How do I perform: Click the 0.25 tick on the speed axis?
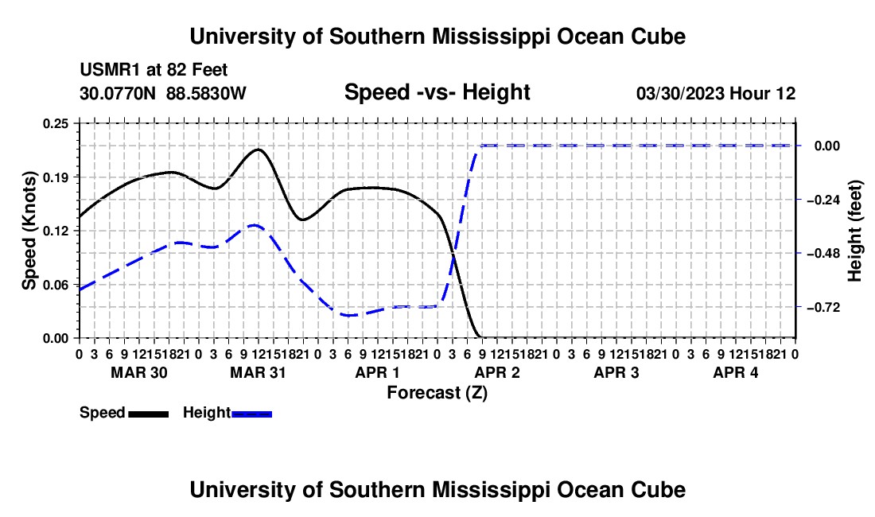coord(55,123)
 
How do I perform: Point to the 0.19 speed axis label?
coord(55,177)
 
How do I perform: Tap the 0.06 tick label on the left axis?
coord(55,285)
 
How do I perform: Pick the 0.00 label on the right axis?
coord(827,146)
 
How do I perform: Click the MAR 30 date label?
coord(139,372)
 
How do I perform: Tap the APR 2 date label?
coord(497,372)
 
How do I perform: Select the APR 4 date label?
coord(736,372)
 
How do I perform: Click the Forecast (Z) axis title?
coord(437,393)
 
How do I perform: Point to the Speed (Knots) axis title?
coord(29,231)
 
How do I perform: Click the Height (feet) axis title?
coord(854,231)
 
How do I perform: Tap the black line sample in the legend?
coord(149,414)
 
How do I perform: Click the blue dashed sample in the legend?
coord(251,414)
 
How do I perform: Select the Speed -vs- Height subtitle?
coord(437,92)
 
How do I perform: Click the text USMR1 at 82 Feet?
coord(154,70)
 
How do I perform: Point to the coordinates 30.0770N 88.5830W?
coord(162,93)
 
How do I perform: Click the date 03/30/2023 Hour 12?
coord(716,93)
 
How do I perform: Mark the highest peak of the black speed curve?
coord(259,150)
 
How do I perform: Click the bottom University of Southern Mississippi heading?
coord(437,490)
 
